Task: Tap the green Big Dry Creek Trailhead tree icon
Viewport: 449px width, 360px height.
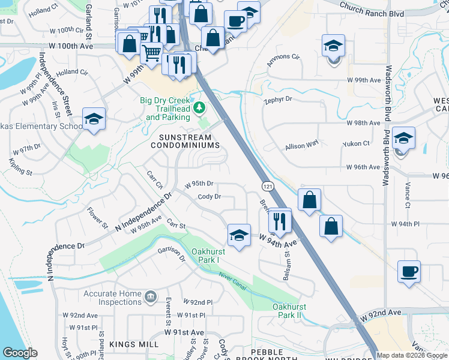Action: point(202,109)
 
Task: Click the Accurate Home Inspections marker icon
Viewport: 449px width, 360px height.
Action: point(151,296)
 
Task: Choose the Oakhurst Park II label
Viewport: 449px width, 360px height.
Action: point(289,311)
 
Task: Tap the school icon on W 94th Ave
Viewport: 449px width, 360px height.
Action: point(239,235)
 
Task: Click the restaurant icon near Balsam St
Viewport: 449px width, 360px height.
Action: point(280,220)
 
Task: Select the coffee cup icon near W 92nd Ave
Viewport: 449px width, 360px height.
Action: point(409,271)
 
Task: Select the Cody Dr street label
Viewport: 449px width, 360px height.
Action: point(209,196)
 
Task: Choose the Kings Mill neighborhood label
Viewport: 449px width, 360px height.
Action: point(134,344)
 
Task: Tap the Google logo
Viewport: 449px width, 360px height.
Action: point(20,353)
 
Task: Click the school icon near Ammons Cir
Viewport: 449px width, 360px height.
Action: point(333,46)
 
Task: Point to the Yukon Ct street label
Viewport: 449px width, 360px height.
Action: point(355,143)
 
